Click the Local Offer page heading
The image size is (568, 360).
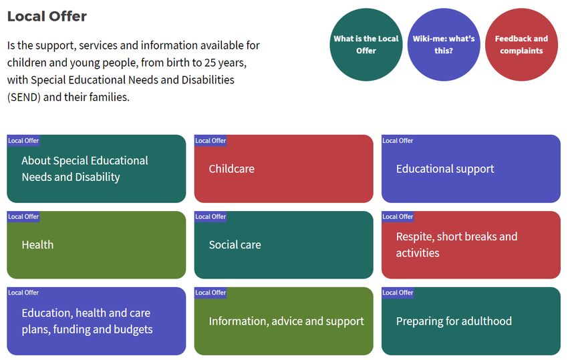(47, 16)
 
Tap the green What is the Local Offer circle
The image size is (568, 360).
(366, 45)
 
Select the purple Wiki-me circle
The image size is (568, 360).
(444, 45)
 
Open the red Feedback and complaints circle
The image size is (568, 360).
(521, 45)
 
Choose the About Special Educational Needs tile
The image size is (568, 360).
(96, 169)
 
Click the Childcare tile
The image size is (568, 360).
(283, 169)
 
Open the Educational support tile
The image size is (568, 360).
(471, 169)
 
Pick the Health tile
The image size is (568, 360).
(96, 245)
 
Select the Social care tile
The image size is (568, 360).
(283, 245)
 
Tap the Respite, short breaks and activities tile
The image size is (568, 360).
(471, 245)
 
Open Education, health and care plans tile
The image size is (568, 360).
(96, 321)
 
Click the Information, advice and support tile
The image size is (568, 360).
(283, 321)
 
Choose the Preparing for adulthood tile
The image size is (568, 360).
(471, 321)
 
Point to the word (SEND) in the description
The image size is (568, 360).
(24, 97)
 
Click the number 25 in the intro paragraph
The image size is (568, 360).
(210, 63)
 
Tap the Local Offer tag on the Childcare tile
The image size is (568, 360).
(210, 140)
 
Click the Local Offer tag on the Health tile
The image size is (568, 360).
(23, 216)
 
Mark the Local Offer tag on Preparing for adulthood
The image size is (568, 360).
(398, 293)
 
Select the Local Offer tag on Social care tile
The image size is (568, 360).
(210, 216)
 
